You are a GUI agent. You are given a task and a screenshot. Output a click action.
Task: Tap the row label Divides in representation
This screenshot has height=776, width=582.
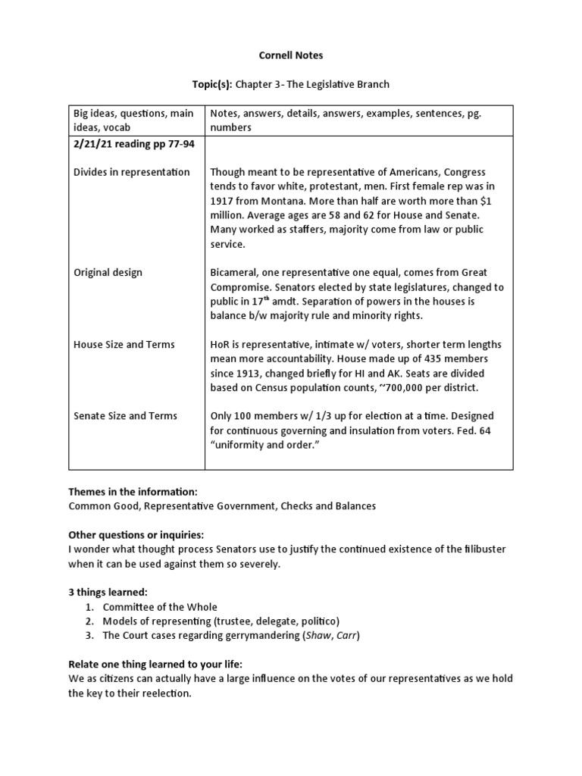131,172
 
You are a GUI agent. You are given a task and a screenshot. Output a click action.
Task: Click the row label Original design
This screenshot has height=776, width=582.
107,272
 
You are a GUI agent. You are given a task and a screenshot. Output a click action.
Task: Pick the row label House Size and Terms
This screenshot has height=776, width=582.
124,344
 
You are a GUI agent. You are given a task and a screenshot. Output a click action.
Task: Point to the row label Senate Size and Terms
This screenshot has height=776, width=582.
125,416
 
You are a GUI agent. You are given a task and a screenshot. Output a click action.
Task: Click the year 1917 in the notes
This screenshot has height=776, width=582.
223,201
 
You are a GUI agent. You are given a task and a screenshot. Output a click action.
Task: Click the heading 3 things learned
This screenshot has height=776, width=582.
102,591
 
